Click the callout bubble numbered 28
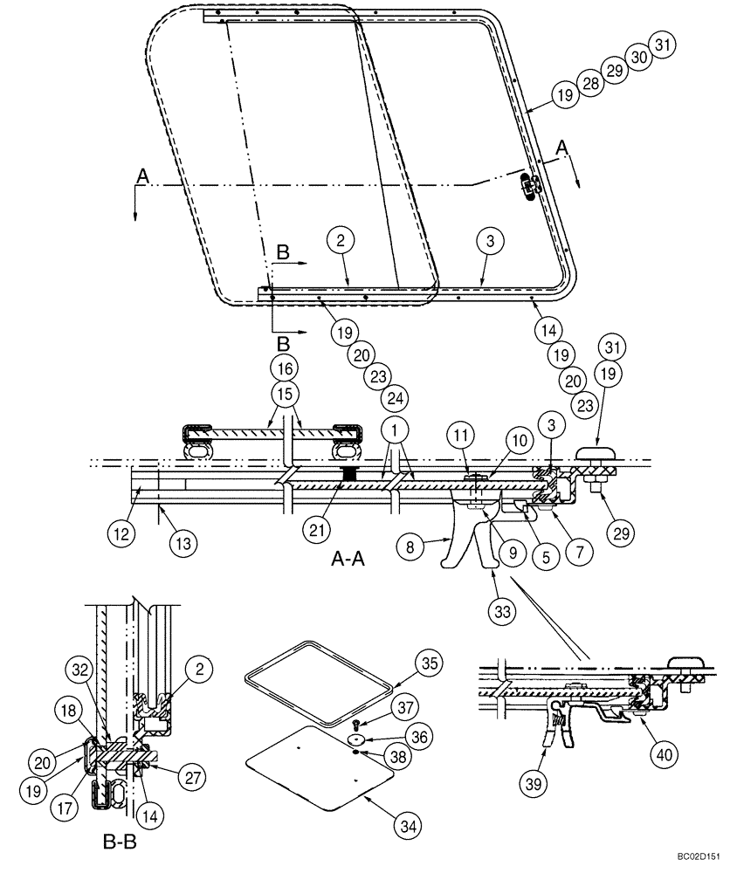[x=589, y=84]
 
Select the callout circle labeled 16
[x=285, y=365]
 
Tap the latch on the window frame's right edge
[x=529, y=185]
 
